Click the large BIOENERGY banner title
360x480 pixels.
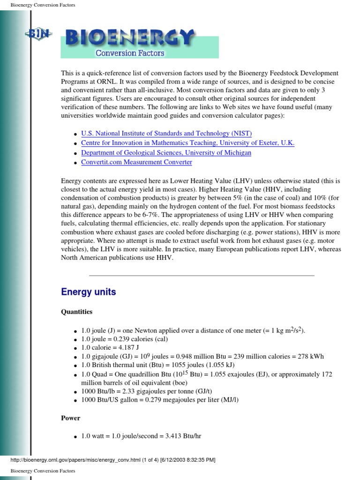pyautogui.click(x=129, y=37)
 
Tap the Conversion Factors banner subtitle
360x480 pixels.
pyautogui.click(x=130, y=53)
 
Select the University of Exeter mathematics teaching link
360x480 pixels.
pyautogui.click(x=187, y=143)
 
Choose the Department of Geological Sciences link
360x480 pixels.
pyautogui.click(x=166, y=152)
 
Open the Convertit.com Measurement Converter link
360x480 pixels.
pyautogui.click(x=136, y=162)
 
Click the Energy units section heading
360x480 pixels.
pyautogui.click(x=89, y=292)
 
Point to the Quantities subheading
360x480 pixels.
pyautogui.click(x=77, y=312)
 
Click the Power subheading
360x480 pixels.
pyautogui.click(x=71, y=418)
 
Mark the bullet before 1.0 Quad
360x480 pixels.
pyautogui.click(x=75, y=375)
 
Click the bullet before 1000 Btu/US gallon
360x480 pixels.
pyautogui.click(x=75, y=401)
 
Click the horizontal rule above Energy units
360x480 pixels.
pyautogui.click(x=202, y=275)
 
